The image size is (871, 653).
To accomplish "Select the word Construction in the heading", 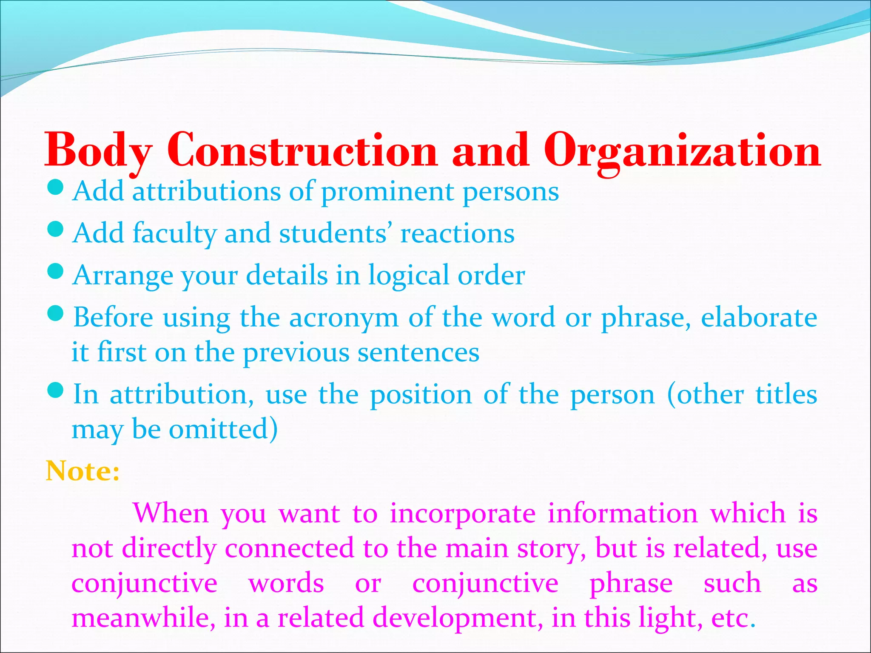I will [x=302, y=151].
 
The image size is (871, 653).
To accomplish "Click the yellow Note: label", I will [x=83, y=471].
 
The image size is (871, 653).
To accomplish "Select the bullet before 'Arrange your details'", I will [x=56, y=271].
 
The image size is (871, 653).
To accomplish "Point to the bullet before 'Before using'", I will [x=56, y=313].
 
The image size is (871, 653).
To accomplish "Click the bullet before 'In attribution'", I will [x=56, y=390].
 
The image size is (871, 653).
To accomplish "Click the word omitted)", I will [x=223, y=429].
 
